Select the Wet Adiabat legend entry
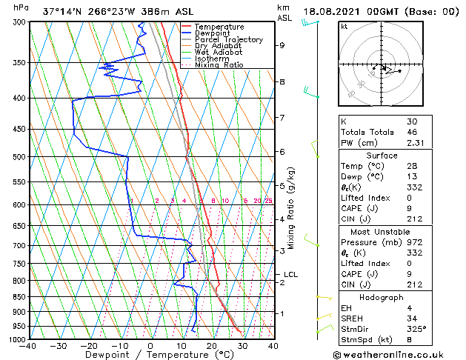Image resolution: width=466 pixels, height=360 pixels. click(x=222, y=52)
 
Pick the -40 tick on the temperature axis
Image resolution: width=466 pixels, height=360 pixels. click(x=28, y=346)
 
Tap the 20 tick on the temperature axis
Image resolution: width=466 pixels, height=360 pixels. click(x=211, y=346)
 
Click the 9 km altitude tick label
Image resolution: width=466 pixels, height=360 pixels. click(x=282, y=45)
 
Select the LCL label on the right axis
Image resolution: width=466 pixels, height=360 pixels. click(x=290, y=275)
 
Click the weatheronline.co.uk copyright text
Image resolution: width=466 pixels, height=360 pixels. click(x=390, y=354)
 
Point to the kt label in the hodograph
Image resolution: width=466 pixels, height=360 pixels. click(x=344, y=26)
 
